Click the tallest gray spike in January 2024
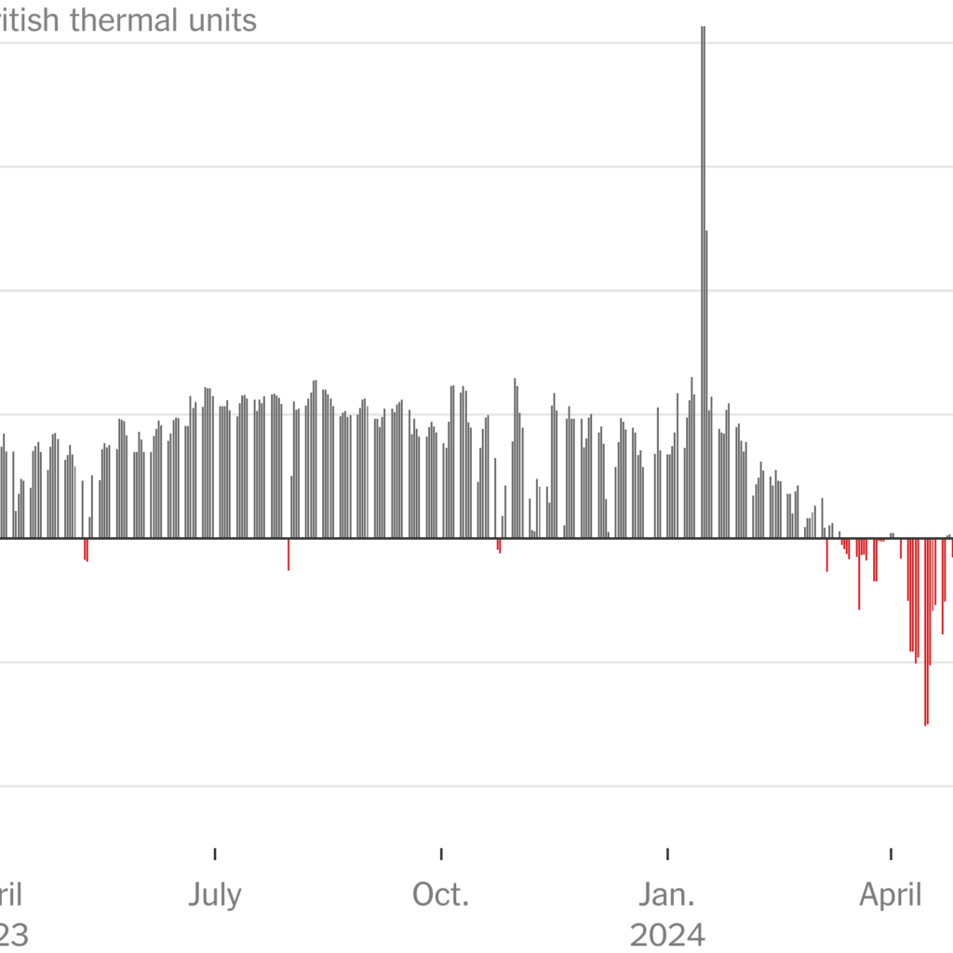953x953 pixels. (x=703, y=279)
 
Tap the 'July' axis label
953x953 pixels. (x=215, y=895)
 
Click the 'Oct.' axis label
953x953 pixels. (x=441, y=895)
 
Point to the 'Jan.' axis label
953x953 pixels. (x=667, y=895)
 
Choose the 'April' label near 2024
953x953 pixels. (x=891, y=895)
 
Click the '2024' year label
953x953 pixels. (x=667, y=933)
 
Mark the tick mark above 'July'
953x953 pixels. (x=215, y=853)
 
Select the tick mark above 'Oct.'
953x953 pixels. (x=441, y=853)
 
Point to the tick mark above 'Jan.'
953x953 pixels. (x=668, y=853)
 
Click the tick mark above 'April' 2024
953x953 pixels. (x=892, y=853)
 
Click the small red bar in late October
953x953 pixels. (x=499, y=545)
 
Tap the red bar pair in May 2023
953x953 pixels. (x=86, y=549)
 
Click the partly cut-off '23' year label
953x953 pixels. (x=13, y=933)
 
